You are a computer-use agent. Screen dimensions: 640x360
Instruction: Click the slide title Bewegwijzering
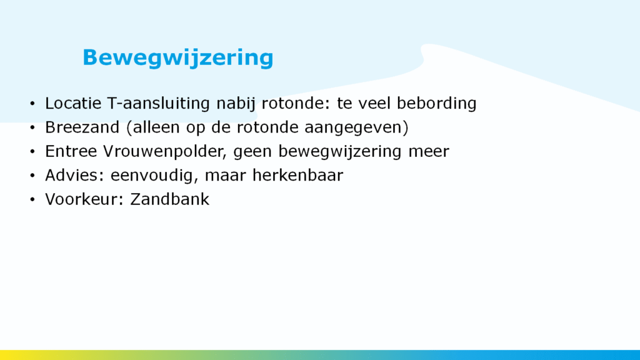(x=178, y=58)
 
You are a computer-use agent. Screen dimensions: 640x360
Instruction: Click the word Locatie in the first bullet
(x=73, y=103)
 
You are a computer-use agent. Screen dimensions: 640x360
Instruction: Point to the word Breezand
(x=82, y=127)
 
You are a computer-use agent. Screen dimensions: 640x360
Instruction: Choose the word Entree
(x=71, y=151)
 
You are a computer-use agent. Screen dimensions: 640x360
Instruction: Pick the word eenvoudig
(x=154, y=176)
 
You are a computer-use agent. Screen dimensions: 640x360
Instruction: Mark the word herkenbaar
(x=298, y=175)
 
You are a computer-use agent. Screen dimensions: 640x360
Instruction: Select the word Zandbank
(x=170, y=199)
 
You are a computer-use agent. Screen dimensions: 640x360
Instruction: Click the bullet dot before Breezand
(x=32, y=127)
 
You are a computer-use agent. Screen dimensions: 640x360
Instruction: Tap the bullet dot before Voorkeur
(x=32, y=200)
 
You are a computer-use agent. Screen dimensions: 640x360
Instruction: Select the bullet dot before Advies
(x=32, y=176)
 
